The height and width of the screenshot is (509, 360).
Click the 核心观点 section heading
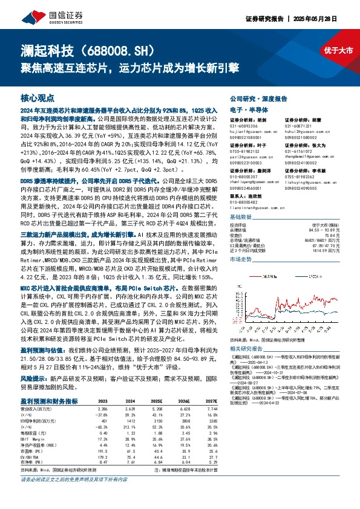coord(38,97)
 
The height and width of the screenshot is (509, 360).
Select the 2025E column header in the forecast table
coord(157,401)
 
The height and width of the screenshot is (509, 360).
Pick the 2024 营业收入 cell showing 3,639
coord(129,409)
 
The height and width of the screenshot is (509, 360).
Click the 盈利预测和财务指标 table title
coord(48,401)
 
